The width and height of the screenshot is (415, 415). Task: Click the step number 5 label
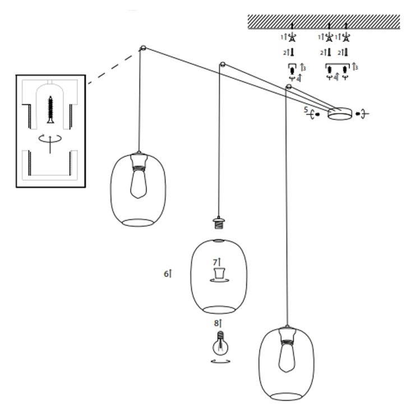pos(306,109)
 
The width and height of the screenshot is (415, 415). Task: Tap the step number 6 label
pos(166,274)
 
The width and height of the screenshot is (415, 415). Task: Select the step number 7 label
pos(215,262)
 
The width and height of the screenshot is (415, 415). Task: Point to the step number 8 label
pos(216,323)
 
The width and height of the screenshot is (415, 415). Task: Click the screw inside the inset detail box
pos(50,109)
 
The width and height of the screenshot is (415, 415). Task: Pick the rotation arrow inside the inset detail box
pos(50,139)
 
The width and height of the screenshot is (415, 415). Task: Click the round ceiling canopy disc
pos(340,114)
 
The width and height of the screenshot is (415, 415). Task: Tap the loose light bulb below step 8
pos(220,344)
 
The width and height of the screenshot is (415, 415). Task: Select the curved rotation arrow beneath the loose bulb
pos(220,361)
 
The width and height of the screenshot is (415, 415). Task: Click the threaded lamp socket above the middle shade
pos(219,223)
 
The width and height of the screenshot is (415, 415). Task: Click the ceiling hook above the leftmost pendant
pos(142,48)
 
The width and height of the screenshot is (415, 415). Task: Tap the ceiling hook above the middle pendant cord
pos(223,64)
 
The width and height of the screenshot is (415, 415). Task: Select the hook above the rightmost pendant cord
pos(289,86)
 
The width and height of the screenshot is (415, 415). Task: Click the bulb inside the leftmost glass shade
pos(138,183)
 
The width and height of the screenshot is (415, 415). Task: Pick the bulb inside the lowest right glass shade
pos(287,356)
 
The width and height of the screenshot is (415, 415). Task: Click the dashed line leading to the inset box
pos(110,70)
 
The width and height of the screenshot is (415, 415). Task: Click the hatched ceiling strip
pos(324,22)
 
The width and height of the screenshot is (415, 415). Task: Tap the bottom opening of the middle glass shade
pos(219,310)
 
